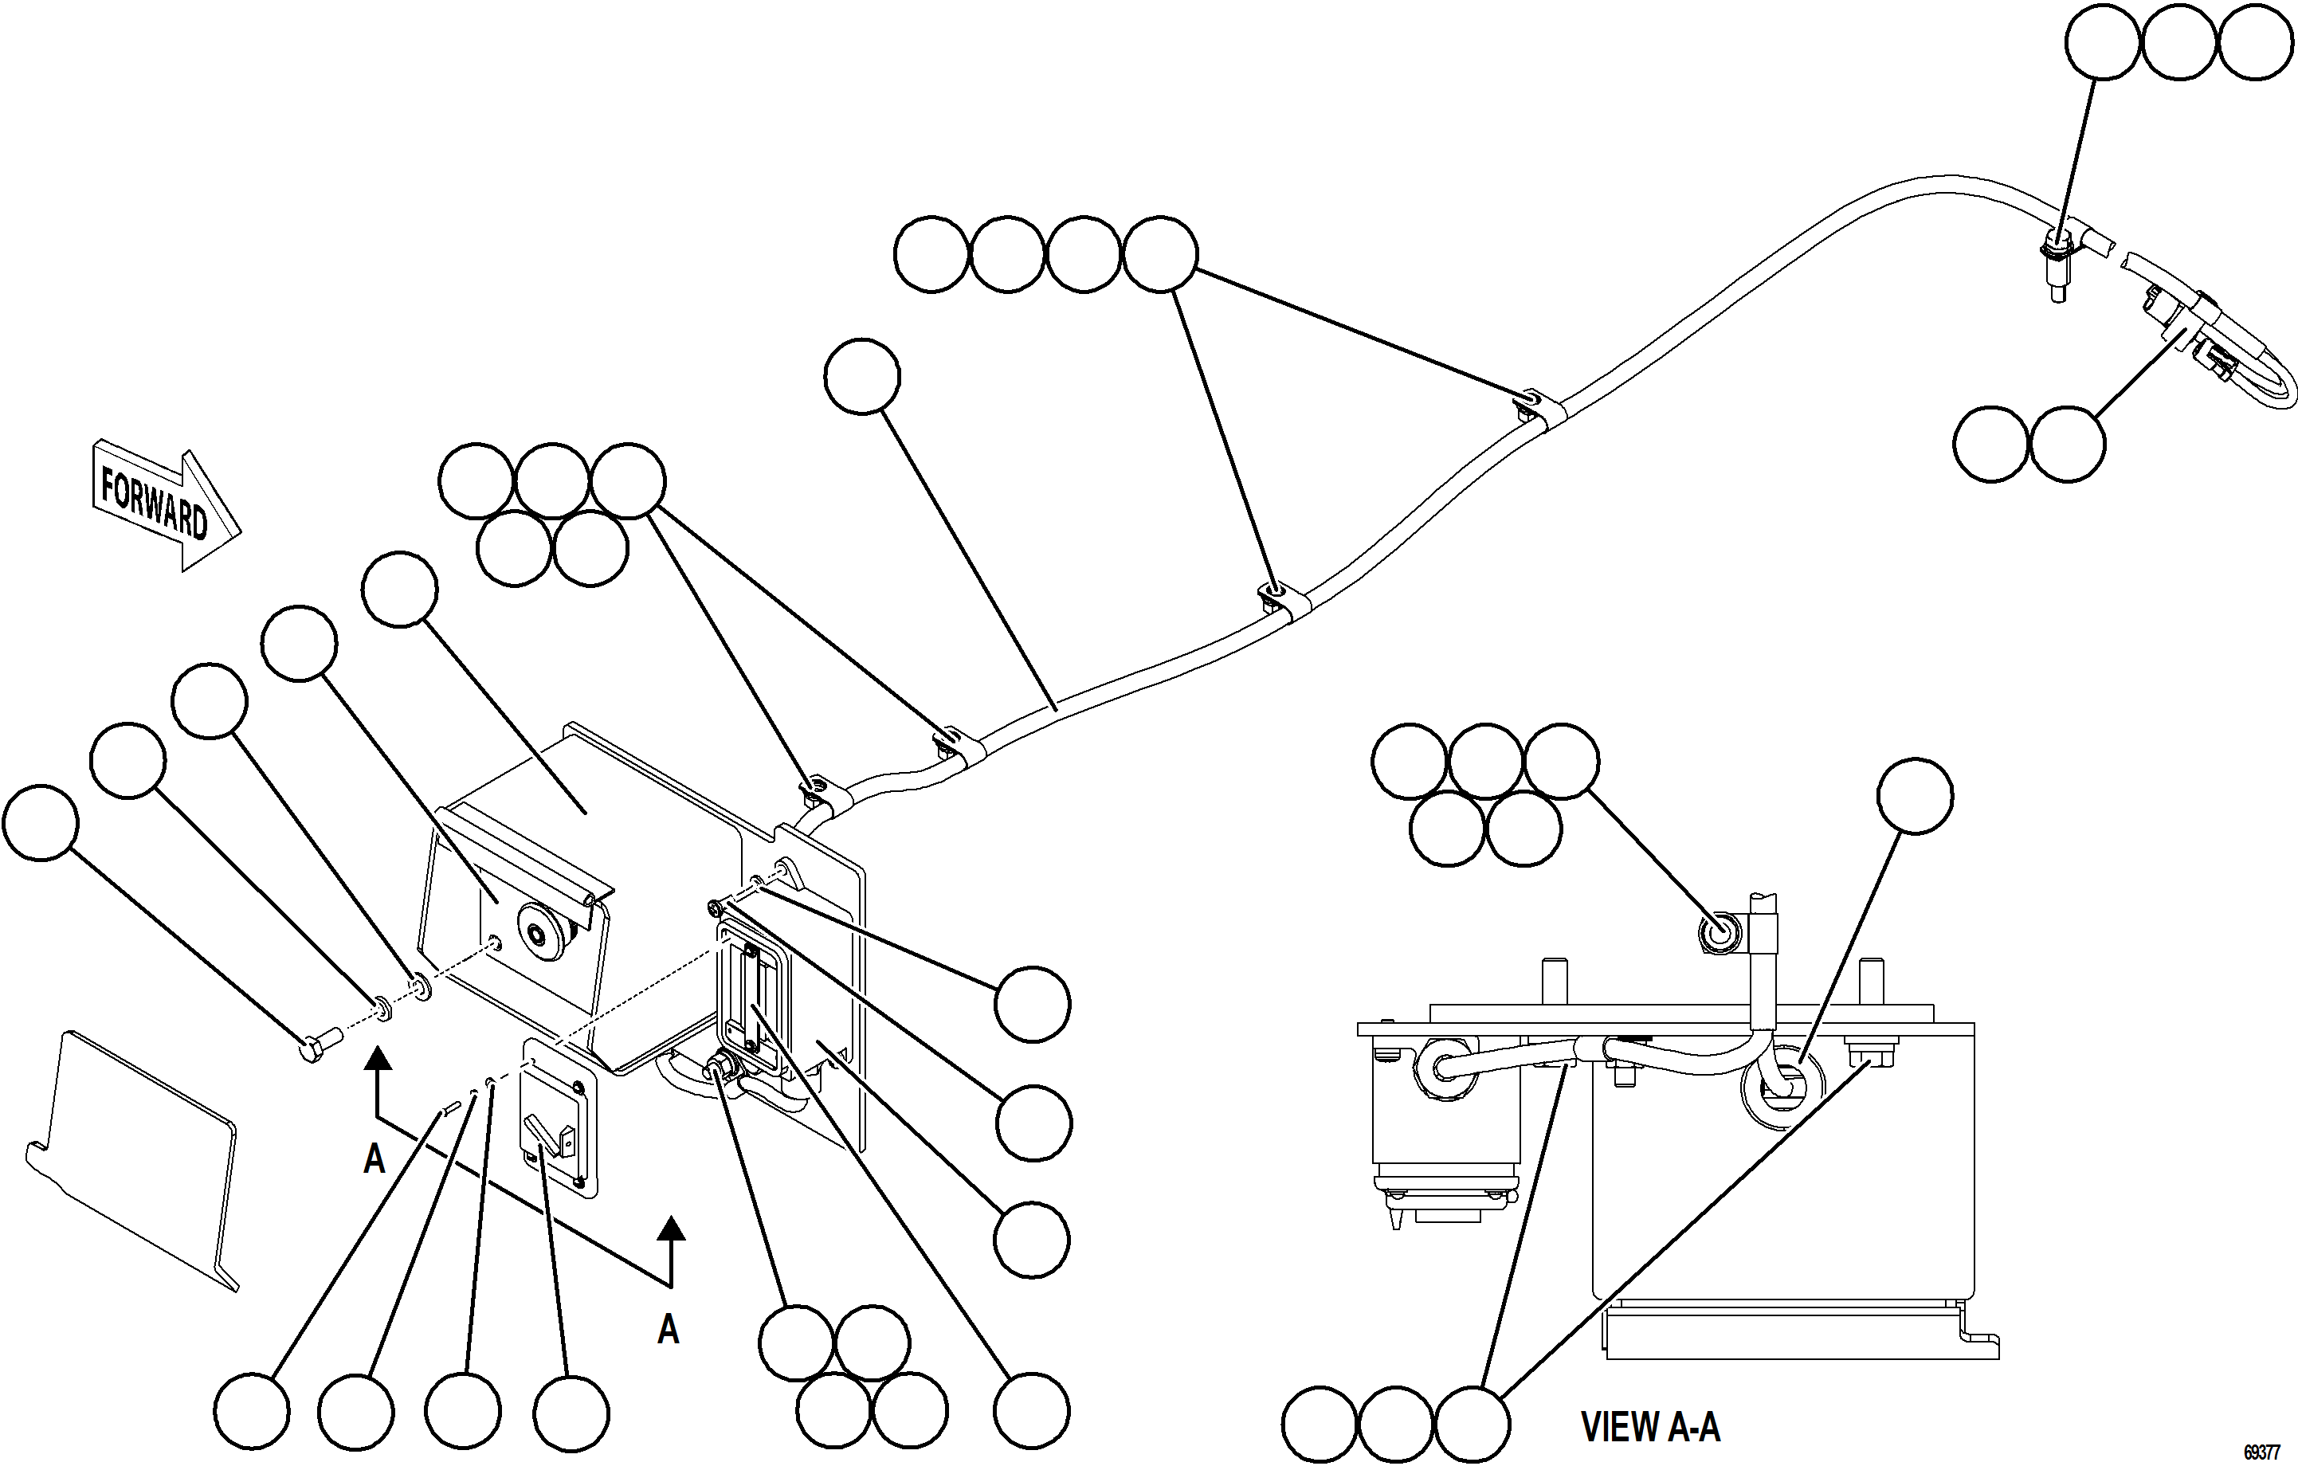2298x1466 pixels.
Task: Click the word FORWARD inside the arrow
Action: pos(154,502)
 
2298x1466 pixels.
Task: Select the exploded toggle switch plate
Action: pos(559,1118)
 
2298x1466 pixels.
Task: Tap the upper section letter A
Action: pos(374,1158)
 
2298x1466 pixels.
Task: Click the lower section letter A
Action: pos(668,1329)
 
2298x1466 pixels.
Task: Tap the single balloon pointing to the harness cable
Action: pos(862,376)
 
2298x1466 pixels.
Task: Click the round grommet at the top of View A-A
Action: pos(1720,935)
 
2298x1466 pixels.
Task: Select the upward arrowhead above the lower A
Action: pos(671,1229)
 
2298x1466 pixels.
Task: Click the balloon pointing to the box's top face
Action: pos(400,589)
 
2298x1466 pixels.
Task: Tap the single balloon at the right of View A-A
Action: pos(1915,796)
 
